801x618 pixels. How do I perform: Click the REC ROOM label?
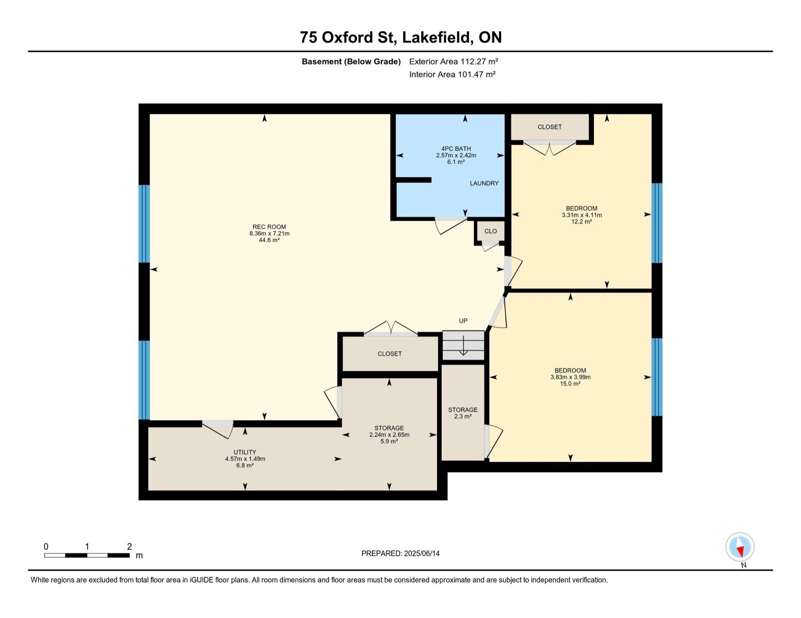coord(269,227)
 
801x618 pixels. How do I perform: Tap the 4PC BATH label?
coord(456,149)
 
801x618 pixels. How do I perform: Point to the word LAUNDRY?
coord(484,183)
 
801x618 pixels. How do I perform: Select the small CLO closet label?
coord(491,231)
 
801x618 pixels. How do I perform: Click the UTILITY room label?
coord(245,452)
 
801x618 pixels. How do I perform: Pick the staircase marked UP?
coord(463,345)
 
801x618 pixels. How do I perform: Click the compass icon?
coord(740,547)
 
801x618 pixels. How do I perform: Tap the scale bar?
coord(87,555)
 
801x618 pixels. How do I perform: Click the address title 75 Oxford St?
coord(348,37)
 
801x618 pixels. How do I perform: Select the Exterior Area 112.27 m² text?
coord(454,62)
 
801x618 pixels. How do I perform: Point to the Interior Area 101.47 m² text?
coord(452,75)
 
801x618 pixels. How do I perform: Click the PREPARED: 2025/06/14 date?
coord(400,554)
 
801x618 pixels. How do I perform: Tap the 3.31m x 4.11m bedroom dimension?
coord(582,215)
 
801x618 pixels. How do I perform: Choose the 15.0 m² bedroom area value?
coord(570,384)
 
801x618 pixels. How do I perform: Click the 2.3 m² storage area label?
coord(463,416)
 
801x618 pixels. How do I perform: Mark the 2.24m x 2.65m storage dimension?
coord(389,435)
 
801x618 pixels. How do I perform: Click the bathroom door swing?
coord(451,225)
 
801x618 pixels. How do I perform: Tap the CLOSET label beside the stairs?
coord(390,354)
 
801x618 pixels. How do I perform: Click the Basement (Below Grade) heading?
coord(351,62)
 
